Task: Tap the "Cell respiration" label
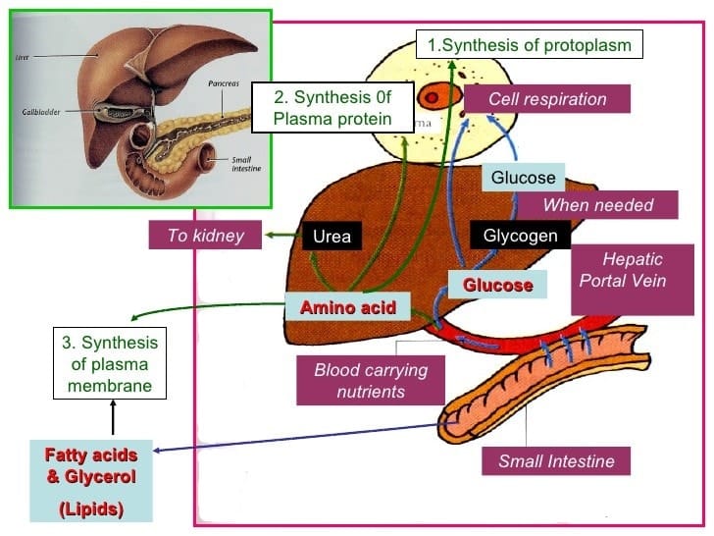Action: tap(545, 99)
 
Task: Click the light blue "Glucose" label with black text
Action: tap(523, 178)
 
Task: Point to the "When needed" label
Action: tap(597, 205)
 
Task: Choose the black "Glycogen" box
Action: tap(520, 236)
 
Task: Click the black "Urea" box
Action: tap(331, 237)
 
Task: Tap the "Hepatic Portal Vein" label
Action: tap(633, 270)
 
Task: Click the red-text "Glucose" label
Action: tap(497, 285)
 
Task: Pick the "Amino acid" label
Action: tap(348, 307)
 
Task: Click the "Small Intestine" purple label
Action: tap(556, 460)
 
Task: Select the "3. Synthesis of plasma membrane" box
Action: tap(109, 364)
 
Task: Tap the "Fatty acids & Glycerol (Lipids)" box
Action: tap(90, 482)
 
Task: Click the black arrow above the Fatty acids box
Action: tap(113, 420)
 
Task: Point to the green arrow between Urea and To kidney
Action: tap(283, 236)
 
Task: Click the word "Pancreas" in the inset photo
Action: tap(225, 85)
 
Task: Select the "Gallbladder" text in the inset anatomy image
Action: tap(42, 112)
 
